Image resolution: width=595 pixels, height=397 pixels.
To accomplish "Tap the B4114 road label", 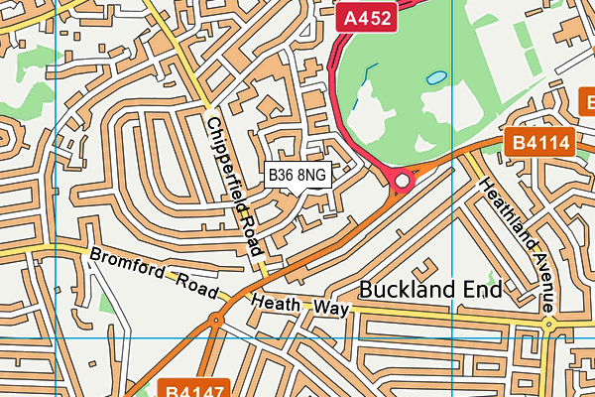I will point(542,143).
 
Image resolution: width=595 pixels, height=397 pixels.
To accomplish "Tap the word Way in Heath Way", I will point(331,310).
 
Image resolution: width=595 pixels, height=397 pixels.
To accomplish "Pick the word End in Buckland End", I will point(485,290).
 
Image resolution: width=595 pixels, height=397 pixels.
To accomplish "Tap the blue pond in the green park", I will point(435,76).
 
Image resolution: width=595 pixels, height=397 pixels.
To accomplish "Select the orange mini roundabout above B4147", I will point(215,320).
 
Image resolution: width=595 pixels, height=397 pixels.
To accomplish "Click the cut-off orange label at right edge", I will point(587,100).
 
